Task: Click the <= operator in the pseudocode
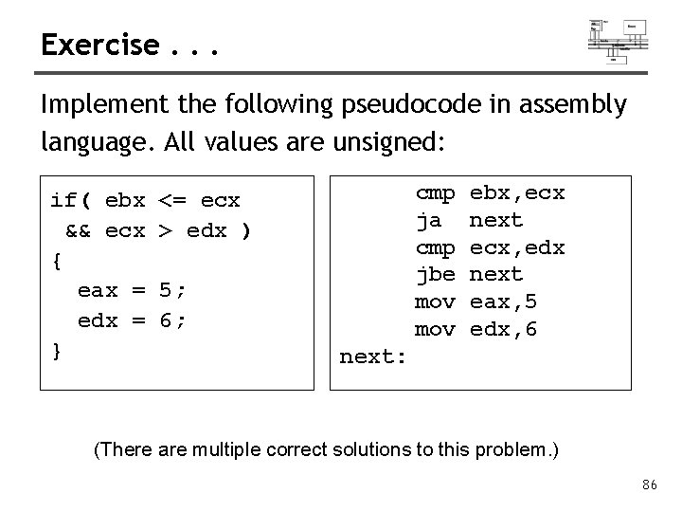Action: [x=172, y=201]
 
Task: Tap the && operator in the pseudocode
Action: [x=78, y=229]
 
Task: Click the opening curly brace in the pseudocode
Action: [x=58, y=258]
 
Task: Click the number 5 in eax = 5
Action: [x=166, y=290]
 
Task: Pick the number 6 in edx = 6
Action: [x=166, y=320]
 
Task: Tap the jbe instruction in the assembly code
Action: [x=436, y=275]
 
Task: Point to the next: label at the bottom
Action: [x=373, y=357]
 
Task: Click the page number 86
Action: [x=649, y=485]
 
